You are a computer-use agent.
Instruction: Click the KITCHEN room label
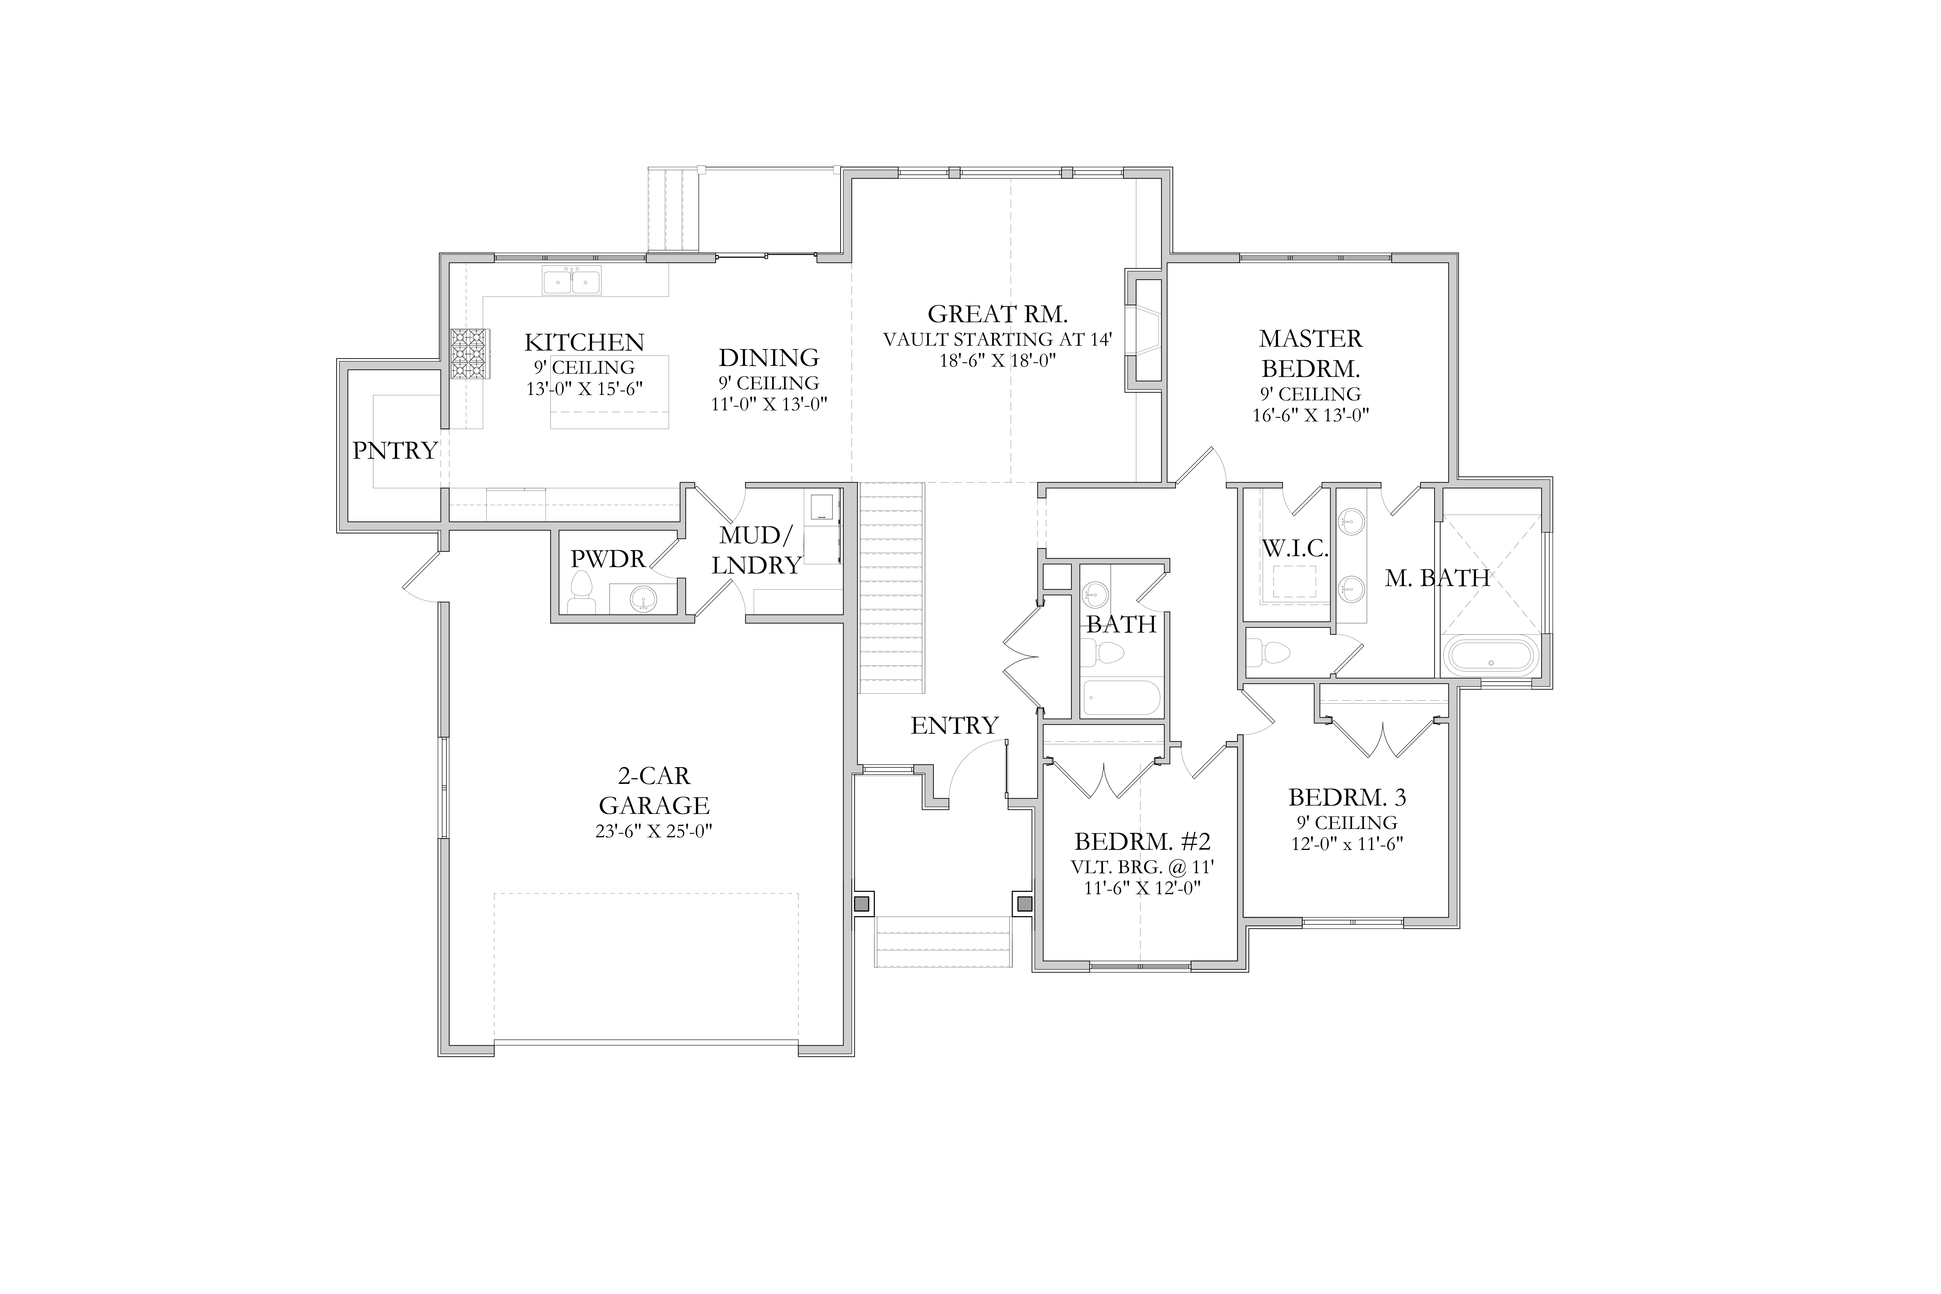coord(584,342)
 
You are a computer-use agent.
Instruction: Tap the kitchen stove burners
coord(470,354)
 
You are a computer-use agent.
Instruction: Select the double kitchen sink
coord(571,281)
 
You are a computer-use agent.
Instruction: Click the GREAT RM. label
coord(998,314)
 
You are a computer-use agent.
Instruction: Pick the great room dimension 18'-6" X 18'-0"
coord(998,361)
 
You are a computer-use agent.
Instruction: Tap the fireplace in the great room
coord(1144,330)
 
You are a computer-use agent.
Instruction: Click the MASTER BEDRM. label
coord(1310,353)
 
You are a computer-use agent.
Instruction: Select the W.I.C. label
coord(1295,549)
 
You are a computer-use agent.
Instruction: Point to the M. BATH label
coord(1437,579)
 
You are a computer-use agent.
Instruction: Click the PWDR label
coord(608,559)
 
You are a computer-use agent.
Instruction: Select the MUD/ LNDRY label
coord(757,550)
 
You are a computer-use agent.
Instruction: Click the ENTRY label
coord(955,725)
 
